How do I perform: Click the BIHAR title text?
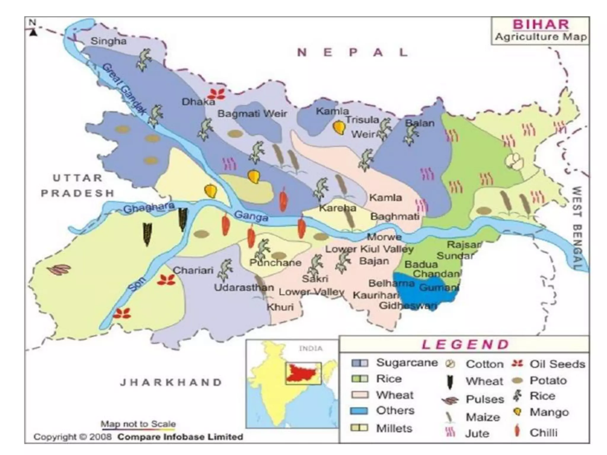click(541, 24)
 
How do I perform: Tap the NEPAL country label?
click(353, 53)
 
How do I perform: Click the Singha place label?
click(108, 41)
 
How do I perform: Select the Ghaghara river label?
click(149, 208)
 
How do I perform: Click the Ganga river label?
click(251, 216)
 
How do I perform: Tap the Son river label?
click(137, 284)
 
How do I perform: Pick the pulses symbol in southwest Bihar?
click(60, 269)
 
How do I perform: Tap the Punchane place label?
click(275, 262)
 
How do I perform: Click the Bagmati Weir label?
click(252, 113)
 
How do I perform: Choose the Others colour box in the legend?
click(360, 411)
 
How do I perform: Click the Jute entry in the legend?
click(477, 433)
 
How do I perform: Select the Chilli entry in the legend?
click(543, 432)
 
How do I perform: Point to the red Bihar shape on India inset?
click(302, 373)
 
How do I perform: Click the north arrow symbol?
click(33, 32)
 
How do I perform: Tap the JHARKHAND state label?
click(171, 382)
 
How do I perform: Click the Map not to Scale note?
click(138, 424)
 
